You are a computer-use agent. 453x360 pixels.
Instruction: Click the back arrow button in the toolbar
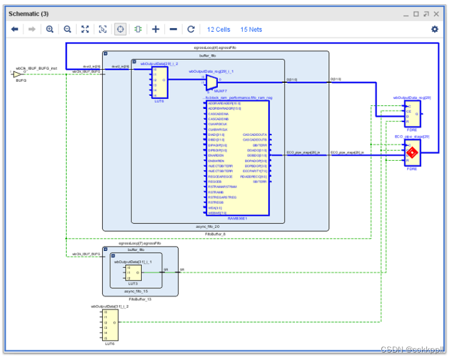click(15, 29)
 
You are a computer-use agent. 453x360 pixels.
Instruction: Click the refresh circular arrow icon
click(191, 29)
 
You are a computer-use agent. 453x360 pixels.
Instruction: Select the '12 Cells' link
click(218, 29)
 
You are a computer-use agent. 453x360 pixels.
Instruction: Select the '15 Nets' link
click(251, 29)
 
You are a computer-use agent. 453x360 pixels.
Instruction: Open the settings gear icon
click(434, 29)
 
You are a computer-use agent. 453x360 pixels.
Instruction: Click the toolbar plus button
click(156, 29)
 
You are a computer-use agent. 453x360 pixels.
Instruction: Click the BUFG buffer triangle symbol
click(17, 75)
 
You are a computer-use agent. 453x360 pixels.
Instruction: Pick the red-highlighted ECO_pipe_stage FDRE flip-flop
click(411, 153)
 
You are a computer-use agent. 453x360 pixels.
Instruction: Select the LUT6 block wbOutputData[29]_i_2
click(159, 82)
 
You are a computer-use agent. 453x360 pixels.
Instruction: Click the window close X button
click(437, 13)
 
